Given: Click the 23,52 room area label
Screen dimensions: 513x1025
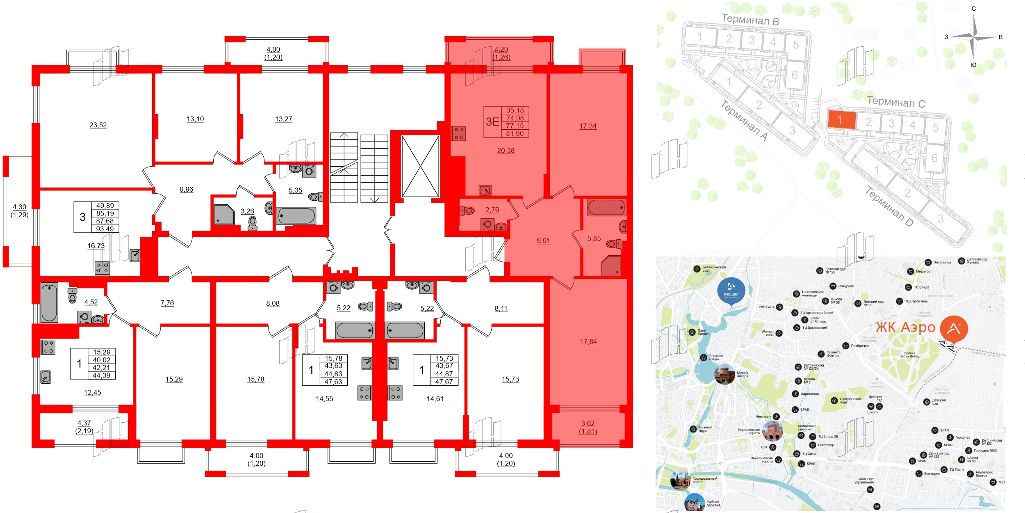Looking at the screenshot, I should point(98,125).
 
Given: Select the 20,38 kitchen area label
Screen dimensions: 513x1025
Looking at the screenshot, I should point(506,151).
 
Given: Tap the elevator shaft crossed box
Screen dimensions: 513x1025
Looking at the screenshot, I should point(420,167).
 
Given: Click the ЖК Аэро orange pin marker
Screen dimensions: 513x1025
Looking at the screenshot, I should point(954,329).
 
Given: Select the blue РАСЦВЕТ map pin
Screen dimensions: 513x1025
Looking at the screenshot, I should point(731,291).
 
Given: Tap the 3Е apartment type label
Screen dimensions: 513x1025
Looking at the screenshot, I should point(492,121).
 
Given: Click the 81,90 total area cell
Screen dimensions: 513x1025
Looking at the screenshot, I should point(515,133).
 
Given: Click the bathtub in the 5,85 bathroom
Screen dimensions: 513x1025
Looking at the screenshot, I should point(606,208).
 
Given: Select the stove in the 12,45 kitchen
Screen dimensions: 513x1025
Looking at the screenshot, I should point(48,347).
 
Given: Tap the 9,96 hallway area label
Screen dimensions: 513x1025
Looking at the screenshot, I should point(186,189).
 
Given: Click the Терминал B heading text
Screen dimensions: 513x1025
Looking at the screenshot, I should point(750,19).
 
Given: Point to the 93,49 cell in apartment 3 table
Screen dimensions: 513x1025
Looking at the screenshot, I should point(105,229).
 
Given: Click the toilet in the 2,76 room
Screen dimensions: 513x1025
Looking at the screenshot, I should point(467,211).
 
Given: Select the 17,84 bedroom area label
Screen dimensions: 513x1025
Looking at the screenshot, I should point(588,341).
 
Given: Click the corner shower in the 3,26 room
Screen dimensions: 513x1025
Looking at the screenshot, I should point(224,215).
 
